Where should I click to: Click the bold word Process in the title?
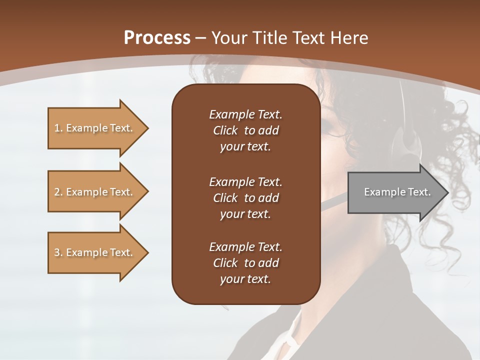157,38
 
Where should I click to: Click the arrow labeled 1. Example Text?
95,128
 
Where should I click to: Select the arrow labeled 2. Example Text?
95,192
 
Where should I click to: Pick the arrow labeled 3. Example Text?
95,252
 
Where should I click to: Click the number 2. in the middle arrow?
58,192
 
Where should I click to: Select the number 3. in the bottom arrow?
58,252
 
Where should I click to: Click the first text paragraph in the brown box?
245,130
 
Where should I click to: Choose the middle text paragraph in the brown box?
245,197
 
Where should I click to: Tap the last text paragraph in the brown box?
245,263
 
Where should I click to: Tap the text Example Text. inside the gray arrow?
397,192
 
